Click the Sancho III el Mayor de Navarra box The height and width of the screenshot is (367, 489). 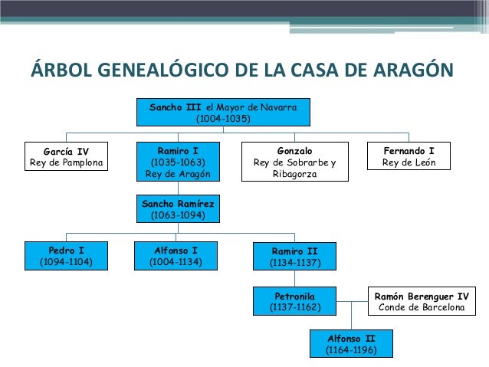(223, 113)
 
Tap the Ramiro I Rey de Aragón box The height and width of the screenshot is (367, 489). (176, 162)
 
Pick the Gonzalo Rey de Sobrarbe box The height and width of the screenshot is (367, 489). (294, 162)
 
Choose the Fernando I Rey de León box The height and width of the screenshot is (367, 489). (408, 156)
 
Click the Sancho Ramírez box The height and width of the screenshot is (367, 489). (176, 209)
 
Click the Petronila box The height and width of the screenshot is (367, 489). (294, 301)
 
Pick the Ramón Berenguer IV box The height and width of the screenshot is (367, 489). (420, 301)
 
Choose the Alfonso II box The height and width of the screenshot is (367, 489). (351, 344)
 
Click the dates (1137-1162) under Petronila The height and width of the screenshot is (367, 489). (294, 307)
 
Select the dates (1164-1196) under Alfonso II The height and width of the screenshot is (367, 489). (351, 350)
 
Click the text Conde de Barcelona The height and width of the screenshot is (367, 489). (420, 307)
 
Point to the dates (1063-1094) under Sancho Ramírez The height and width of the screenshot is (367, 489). (176, 215)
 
